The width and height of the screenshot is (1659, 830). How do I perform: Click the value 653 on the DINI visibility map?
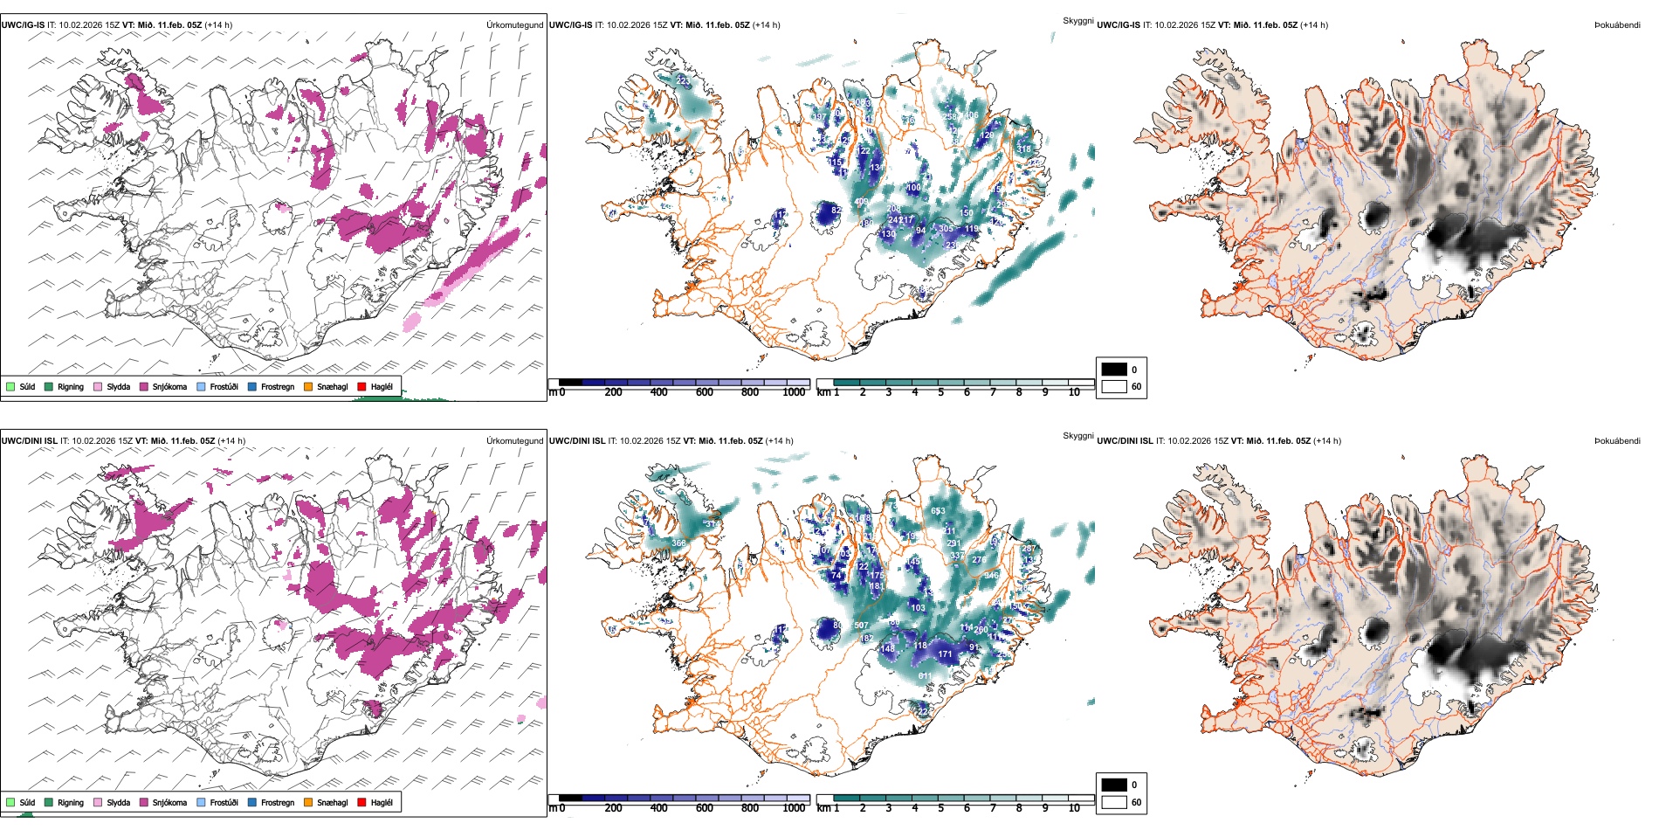[937, 511]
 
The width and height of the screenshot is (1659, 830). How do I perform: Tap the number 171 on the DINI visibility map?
[945, 654]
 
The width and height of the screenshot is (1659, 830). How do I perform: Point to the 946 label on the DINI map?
[990, 576]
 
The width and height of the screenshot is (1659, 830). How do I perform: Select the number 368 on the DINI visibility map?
[678, 543]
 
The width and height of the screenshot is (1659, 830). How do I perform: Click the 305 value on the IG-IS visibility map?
[946, 229]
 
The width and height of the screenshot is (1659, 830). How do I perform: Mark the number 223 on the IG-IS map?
[682, 81]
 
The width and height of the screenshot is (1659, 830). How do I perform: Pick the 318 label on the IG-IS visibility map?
[1023, 149]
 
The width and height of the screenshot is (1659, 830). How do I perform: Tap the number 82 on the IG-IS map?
[836, 211]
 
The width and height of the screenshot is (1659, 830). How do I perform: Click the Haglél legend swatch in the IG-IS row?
[361, 386]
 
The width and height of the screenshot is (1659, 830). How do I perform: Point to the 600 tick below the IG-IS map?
[704, 392]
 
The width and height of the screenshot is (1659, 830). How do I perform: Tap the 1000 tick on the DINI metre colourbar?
[794, 808]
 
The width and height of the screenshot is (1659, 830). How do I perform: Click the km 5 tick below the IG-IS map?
[940, 392]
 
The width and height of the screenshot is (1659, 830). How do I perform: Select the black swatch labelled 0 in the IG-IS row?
[1114, 370]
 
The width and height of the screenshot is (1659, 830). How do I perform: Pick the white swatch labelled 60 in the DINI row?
[1114, 801]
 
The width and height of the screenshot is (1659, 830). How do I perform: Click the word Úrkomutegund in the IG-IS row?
[514, 25]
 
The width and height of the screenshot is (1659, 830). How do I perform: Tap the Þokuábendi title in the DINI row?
[1617, 441]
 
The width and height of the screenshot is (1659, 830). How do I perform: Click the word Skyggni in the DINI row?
[1077, 435]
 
